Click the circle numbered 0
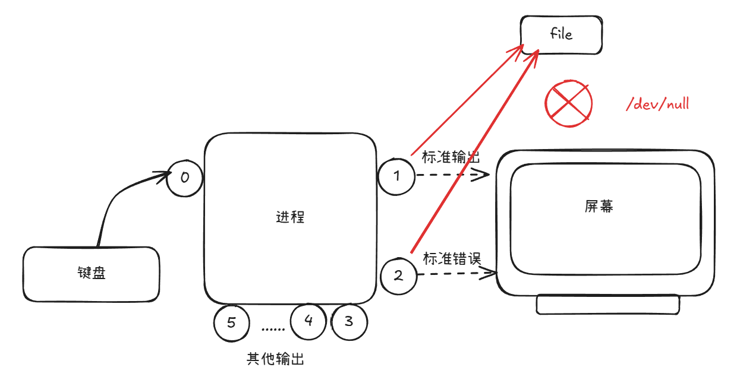(x=185, y=176)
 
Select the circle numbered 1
(x=396, y=176)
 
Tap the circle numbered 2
(x=399, y=276)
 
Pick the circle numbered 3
(x=349, y=322)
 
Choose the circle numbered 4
(x=308, y=321)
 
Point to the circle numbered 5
(x=232, y=323)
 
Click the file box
(x=561, y=34)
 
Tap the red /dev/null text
(x=657, y=105)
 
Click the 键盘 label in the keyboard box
(x=92, y=273)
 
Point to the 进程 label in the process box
(x=290, y=217)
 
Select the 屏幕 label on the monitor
(x=599, y=206)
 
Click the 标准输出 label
(x=451, y=157)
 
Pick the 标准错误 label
(x=452, y=258)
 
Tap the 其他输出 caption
(x=275, y=359)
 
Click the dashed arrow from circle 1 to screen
(x=452, y=175)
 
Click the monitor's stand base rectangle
(x=607, y=304)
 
